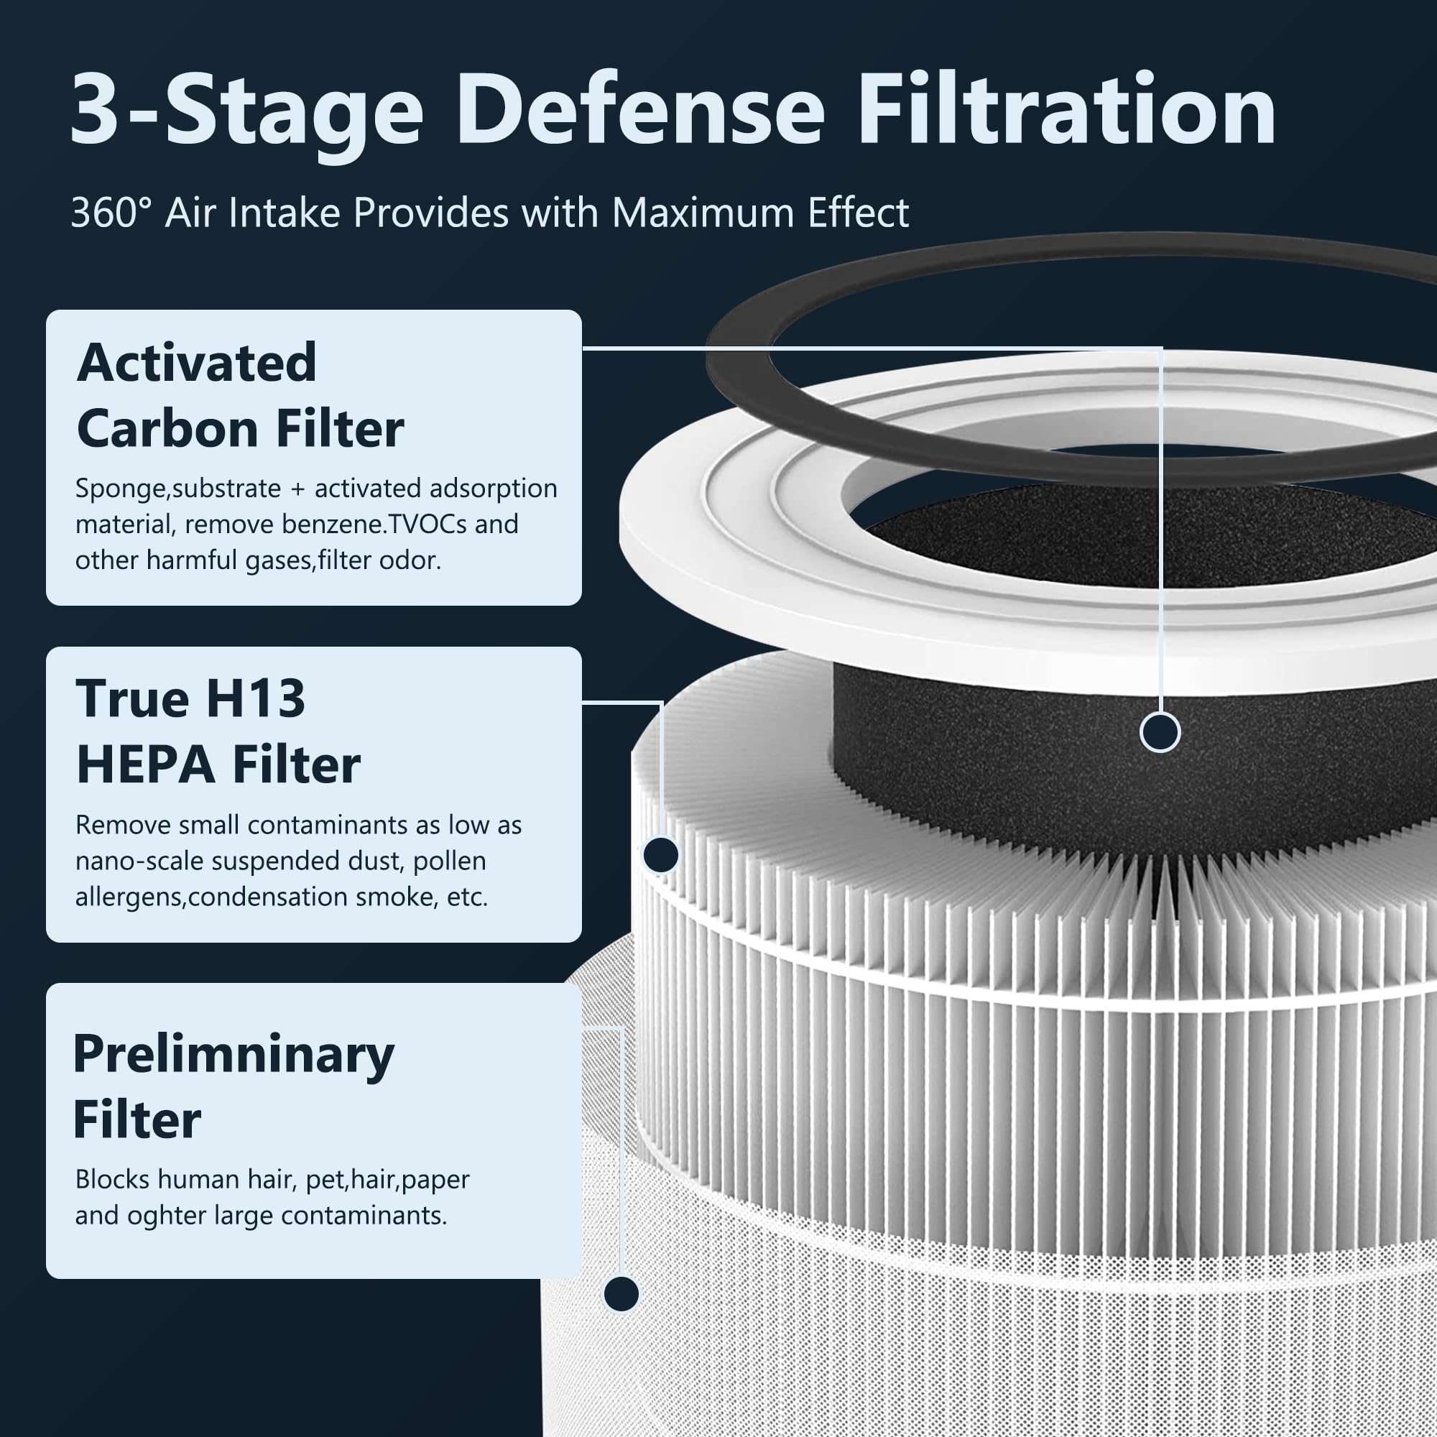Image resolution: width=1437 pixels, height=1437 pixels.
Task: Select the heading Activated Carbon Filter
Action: (x=239, y=396)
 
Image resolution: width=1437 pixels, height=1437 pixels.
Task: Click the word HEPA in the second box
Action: (x=146, y=765)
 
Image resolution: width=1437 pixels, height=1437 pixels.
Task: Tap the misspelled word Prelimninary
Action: (x=234, y=1055)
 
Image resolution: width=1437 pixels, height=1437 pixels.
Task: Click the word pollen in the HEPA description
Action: (x=449, y=861)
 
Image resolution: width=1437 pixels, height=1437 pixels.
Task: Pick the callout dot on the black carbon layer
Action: (x=1160, y=733)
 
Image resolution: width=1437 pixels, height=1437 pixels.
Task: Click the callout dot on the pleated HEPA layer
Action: (x=660, y=854)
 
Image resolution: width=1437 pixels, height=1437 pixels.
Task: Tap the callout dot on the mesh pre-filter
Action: (x=621, y=1293)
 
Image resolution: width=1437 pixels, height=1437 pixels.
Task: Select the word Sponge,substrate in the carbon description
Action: (x=177, y=489)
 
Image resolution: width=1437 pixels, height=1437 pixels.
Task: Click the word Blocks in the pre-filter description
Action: (x=112, y=1179)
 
